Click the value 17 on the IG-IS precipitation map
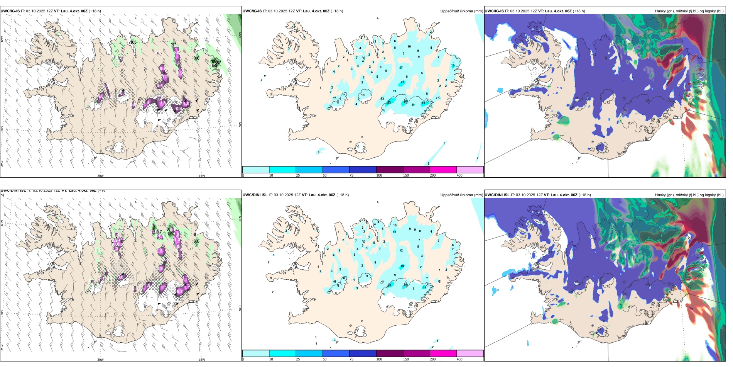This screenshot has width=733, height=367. coord(401,68)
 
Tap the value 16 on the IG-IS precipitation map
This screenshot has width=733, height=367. coord(453,65)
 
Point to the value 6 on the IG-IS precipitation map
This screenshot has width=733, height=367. coord(395,41)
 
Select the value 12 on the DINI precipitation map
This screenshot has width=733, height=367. coord(401,250)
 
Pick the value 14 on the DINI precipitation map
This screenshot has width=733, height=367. coord(424,287)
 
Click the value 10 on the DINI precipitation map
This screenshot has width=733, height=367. coord(395,225)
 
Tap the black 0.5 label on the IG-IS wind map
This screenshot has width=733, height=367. coord(133,42)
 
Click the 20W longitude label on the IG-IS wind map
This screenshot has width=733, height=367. coord(100,176)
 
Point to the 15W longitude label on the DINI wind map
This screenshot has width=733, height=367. coord(202,360)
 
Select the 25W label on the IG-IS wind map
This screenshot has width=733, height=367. coord(2,163)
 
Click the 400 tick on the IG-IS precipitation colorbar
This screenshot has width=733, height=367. coord(459,175)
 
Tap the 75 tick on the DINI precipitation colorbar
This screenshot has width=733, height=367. coord(351,359)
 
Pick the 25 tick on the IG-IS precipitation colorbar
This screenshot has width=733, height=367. coord(298,175)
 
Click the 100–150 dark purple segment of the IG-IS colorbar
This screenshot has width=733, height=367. coord(390,170)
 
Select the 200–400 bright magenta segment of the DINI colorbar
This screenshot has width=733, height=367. coord(443,353)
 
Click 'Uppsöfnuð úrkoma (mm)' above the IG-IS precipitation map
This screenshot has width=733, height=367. coord(461,11)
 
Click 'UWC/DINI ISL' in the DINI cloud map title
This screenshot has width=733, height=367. coord(497,195)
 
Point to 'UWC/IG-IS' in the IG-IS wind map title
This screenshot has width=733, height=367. coord(10,11)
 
